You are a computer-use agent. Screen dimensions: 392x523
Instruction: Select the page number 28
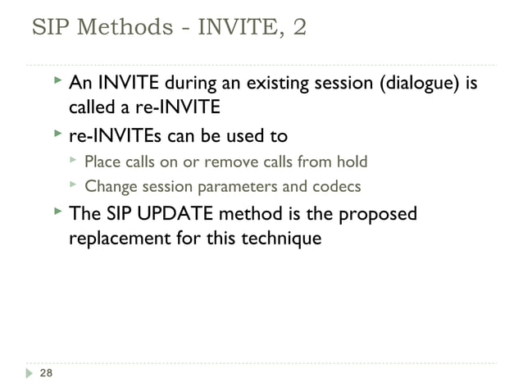pyautogui.click(x=46, y=374)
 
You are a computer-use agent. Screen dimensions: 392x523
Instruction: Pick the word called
pyautogui.click(x=91, y=108)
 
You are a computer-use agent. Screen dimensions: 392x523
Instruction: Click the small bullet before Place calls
pyautogui.click(x=74, y=159)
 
